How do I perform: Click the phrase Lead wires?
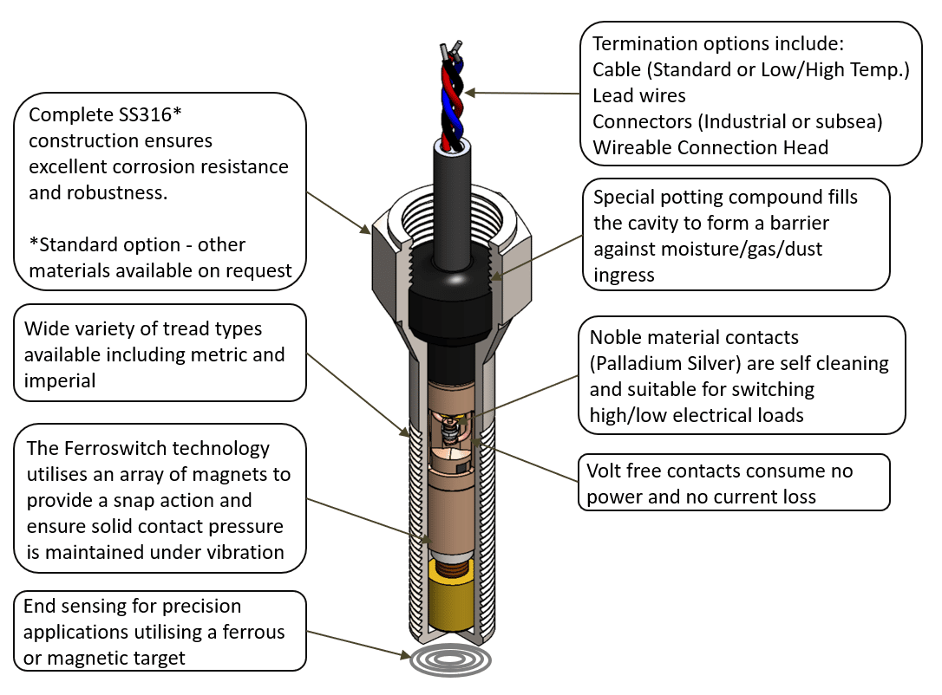pos(639,95)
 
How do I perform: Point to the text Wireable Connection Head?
pos(710,147)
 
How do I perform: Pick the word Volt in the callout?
pos(604,471)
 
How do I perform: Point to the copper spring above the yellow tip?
pos(450,568)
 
